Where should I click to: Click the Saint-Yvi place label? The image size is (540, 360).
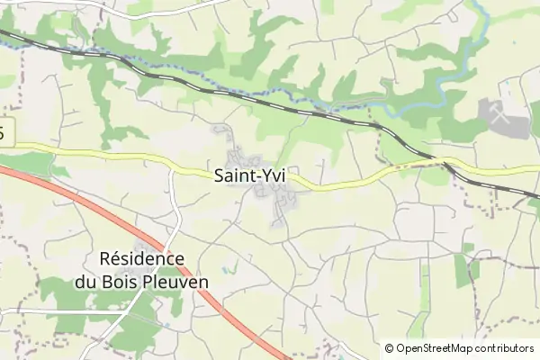pyautogui.click(x=249, y=176)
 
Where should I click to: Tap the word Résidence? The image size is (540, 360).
pyautogui.click(x=141, y=259)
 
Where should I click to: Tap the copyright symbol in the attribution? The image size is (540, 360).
pyautogui.click(x=389, y=348)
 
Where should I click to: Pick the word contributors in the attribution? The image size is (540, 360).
pyautogui.click(x=504, y=348)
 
